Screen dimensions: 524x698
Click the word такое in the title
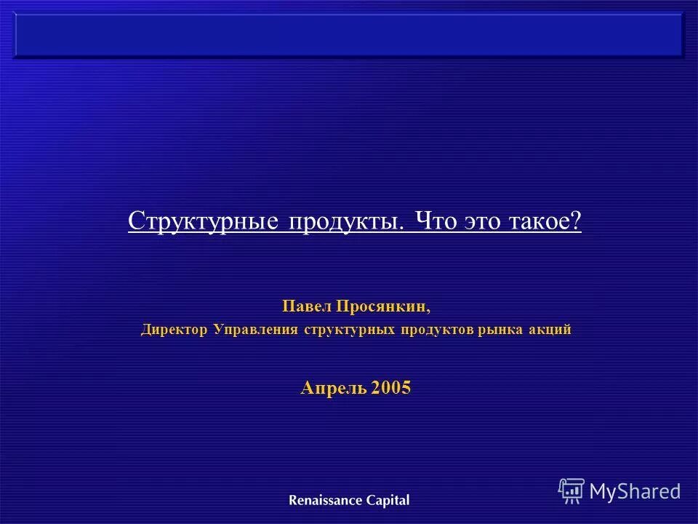[x=540, y=221]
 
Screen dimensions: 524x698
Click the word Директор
[x=175, y=330]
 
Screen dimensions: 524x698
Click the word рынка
[x=502, y=330]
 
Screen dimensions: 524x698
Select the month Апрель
[x=333, y=389]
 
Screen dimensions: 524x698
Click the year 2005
[x=391, y=389]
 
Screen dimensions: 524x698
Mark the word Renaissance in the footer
[x=323, y=500]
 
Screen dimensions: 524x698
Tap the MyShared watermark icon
[x=571, y=491]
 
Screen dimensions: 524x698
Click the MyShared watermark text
[x=635, y=491]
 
